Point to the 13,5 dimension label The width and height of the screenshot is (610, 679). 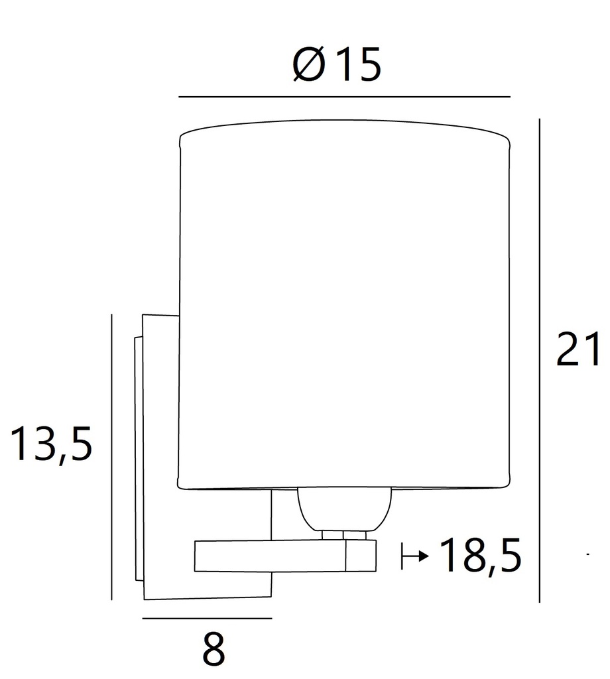50,444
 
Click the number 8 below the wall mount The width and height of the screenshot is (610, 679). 213,650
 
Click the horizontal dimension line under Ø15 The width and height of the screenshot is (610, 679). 344,97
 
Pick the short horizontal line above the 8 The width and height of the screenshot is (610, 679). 207,618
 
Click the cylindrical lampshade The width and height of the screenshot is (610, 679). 345,305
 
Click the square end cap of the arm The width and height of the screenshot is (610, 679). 361,556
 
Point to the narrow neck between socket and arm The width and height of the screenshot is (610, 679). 343,534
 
